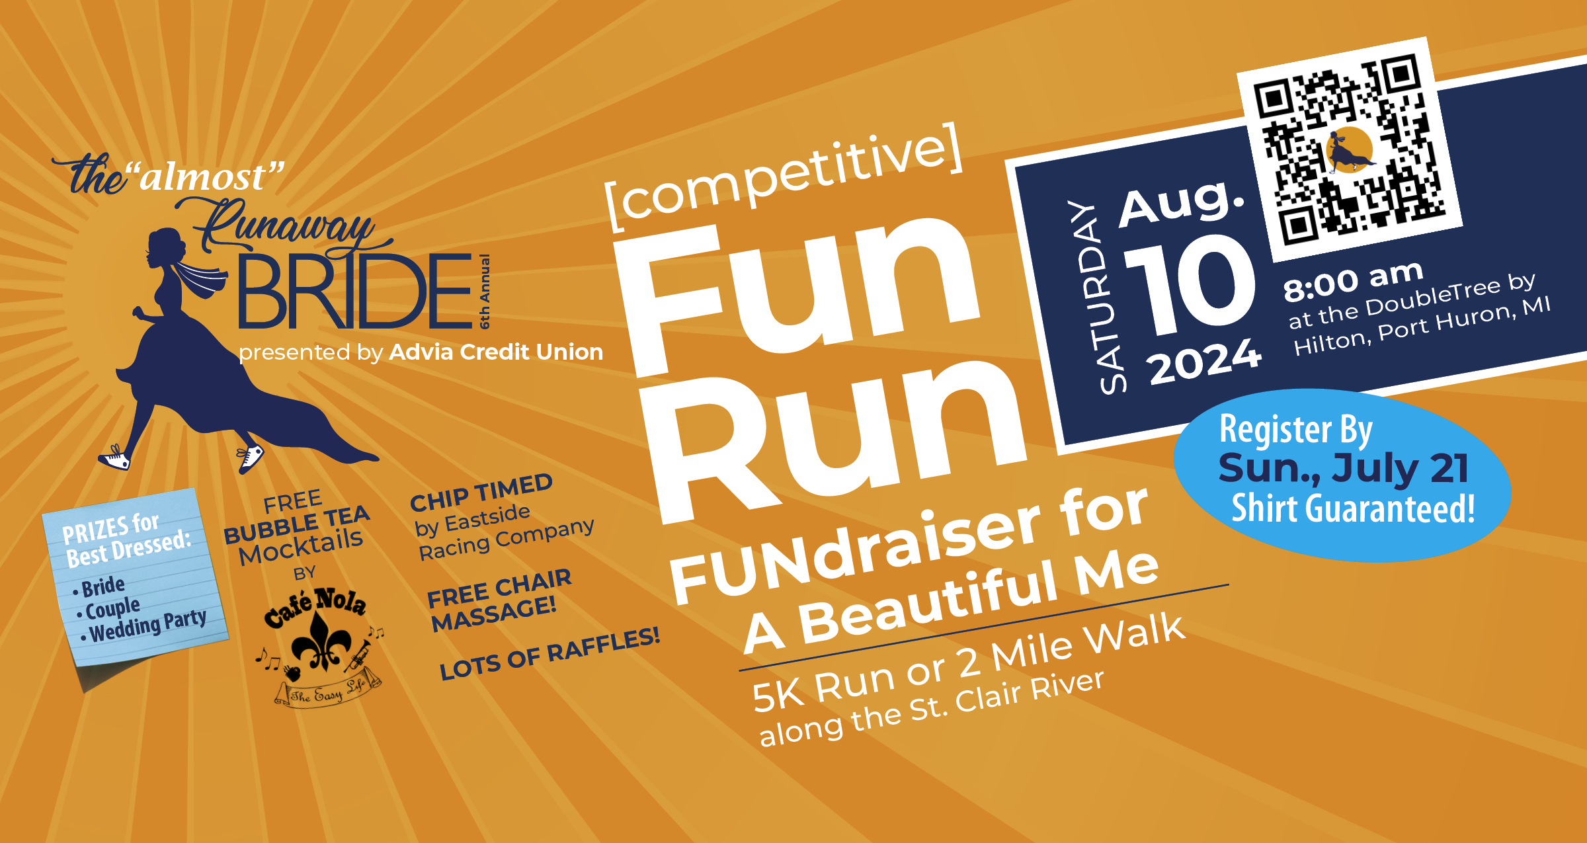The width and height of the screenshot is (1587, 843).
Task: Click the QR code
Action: coord(1350,149)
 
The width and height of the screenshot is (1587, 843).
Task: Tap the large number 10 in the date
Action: coord(1190,284)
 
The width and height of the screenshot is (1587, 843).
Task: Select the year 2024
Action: coord(1205,362)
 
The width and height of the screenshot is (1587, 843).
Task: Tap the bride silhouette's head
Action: coord(165,248)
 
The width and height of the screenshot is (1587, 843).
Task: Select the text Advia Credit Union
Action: coord(496,352)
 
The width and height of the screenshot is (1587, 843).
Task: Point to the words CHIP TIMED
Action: coord(481,493)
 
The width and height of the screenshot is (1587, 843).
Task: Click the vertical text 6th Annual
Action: coord(485,292)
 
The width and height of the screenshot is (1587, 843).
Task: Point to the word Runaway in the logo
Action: coord(284,225)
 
